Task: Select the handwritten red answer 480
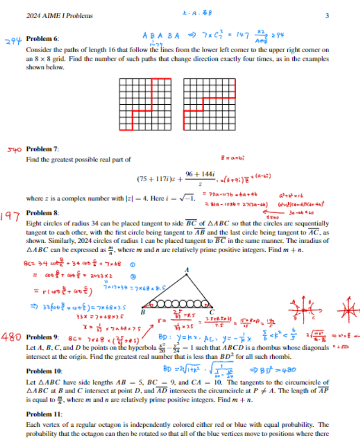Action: pyautogui.click(x=13, y=337)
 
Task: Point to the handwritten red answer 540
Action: pyautogui.click(x=15, y=150)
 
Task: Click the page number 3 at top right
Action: pyautogui.click(x=327, y=15)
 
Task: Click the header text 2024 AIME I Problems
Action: pyautogui.click(x=60, y=15)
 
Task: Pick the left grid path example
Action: pyautogui.click(x=141, y=104)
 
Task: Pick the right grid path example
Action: pyautogui.click(x=209, y=104)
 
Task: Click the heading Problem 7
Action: pyautogui.click(x=43, y=149)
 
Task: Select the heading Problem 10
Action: pyautogui.click(x=44, y=371)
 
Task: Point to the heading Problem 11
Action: pyautogui.click(x=44, y=414)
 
